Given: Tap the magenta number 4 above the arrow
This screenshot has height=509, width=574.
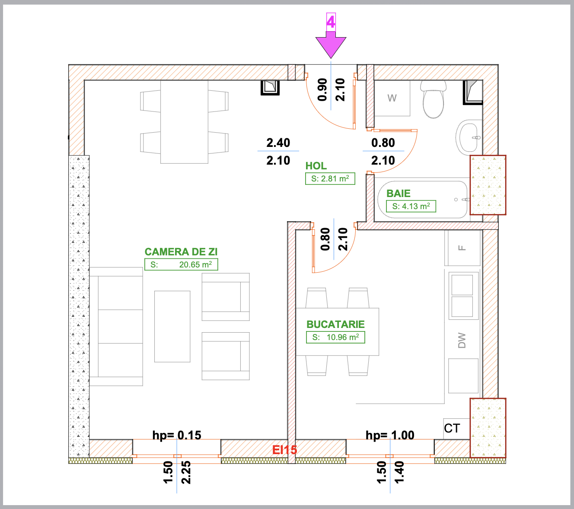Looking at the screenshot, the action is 331,22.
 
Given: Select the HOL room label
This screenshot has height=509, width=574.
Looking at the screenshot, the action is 316,165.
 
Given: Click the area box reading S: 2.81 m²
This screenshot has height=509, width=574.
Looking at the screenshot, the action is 330,179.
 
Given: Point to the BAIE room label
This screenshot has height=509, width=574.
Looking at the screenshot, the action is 399,194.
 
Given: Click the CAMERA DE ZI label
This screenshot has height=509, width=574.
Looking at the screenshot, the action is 181,252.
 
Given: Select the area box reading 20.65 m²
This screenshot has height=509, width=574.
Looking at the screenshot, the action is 181,264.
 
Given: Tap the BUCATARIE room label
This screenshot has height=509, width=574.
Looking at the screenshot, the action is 335,324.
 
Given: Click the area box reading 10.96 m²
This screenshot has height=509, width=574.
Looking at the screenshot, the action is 335,337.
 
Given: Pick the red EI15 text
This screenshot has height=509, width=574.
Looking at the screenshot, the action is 284,450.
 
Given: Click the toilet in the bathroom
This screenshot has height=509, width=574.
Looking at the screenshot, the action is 433,99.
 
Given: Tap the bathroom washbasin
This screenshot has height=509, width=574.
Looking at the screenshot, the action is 469,138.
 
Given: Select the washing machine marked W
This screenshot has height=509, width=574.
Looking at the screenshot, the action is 392,98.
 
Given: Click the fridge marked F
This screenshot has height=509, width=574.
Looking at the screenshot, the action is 462,248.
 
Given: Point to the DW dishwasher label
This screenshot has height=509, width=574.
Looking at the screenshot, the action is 462,340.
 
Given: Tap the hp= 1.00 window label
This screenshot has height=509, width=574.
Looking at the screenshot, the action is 390,435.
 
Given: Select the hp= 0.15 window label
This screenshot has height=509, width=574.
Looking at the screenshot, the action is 177,435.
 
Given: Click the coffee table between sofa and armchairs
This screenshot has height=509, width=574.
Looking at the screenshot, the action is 172,326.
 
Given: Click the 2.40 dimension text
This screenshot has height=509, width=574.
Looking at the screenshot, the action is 278,143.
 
